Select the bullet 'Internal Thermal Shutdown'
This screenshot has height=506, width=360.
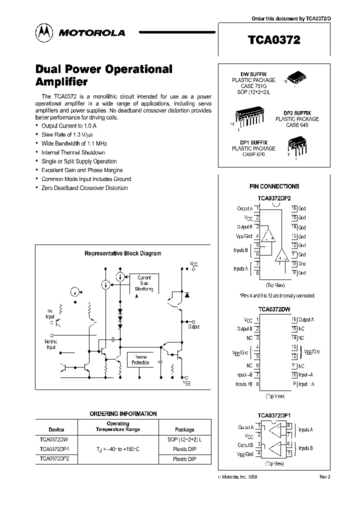click(x=73, y=152)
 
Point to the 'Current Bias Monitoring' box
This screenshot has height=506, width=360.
click(x=144, y=283)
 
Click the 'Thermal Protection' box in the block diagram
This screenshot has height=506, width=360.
click(x=140, y=359)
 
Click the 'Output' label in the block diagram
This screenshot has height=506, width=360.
click(x=193, y=326)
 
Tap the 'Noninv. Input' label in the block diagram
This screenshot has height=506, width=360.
click(x=51, y=344)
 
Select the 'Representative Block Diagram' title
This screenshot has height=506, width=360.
click(x=122, y=253)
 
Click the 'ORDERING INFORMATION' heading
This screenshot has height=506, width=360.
click(x=123, y=413)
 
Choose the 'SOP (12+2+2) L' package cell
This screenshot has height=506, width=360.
click(x=184, y=439)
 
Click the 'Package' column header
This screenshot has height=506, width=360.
click(x=184, y=429)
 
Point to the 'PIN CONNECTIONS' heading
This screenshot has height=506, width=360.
click(x=274, y=186)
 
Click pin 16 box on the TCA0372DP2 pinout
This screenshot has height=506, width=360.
click(x=294, y=208)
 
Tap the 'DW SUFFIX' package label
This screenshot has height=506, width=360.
click(x=253, y=74)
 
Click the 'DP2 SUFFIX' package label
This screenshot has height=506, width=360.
click(x=297, y=113)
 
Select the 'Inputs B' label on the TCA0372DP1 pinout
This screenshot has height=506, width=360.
click(x=305, y=448)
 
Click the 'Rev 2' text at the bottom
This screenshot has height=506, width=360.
click(x=325, y=477)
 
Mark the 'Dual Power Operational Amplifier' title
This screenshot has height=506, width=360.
click(x=104, y=75)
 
